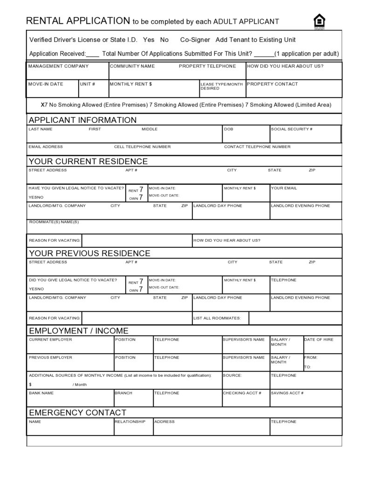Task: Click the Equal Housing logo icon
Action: (x=319, y=21)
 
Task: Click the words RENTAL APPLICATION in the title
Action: (x=78, y=21)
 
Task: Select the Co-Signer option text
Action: (x=195, y=40)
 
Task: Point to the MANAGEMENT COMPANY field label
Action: (x=58, y=66)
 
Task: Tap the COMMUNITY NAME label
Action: (x=132, y=66)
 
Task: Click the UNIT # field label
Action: (x=88, y=84)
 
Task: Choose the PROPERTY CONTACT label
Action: (x=272, y=84)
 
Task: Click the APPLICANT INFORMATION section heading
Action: (x=82, y=120)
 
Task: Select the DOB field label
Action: (x=228, y=129)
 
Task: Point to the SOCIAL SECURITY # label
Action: (x=292, y=129)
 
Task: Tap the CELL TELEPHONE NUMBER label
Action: (x=142, y=147)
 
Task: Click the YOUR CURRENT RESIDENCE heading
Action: (x=88, y=161)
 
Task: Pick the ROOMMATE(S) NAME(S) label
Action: (x=54, y=222)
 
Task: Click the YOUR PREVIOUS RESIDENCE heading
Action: (x=89, y=253)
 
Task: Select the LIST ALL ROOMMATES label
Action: (x=217, y=318)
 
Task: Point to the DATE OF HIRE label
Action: (x=319, y=339)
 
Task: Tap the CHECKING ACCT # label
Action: (x=242, y=393)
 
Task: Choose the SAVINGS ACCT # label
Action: (x=287, y=393)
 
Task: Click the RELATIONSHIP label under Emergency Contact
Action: (x=130, y=421)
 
